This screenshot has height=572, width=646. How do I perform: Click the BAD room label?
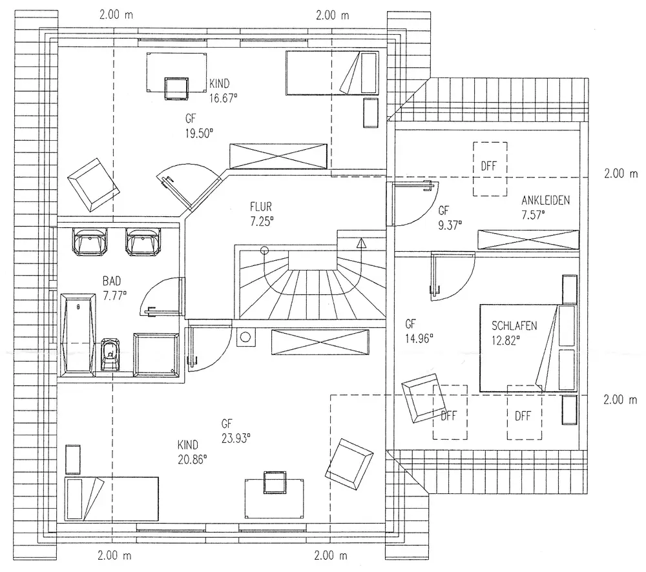coord(111,281)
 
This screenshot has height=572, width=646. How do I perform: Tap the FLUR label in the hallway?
coord(262,207)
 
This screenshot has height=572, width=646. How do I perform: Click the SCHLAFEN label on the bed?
coord(514,325)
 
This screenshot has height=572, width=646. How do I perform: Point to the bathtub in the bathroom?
coord(78,334)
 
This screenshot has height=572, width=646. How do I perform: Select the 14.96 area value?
coord(419,336)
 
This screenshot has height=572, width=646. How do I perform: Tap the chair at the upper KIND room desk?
coord(176,88)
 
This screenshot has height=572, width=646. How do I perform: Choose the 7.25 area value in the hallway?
coord(262,220)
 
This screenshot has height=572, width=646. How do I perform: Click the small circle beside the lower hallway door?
coord(245,336)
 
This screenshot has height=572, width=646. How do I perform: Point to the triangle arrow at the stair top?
coord(360,243)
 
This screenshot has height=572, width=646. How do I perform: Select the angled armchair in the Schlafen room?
coord(422,399)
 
